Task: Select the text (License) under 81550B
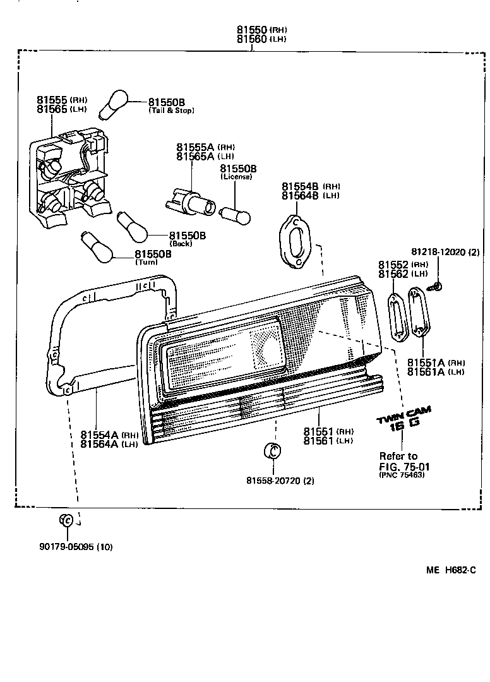click(x=236, y=177)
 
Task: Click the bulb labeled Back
click(x=132, y=226)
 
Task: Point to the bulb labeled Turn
click(x=97, y=246)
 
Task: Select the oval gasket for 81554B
click(x=294, y=241)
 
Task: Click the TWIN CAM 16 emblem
click(x=404, y=419)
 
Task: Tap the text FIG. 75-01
click(x=400, y=467)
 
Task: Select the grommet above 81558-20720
click(x=272, y=451)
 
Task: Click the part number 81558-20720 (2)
click(x=280, y=481)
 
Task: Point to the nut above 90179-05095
click(x=66, y=520)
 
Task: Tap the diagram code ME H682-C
click(x=450, y=570)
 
